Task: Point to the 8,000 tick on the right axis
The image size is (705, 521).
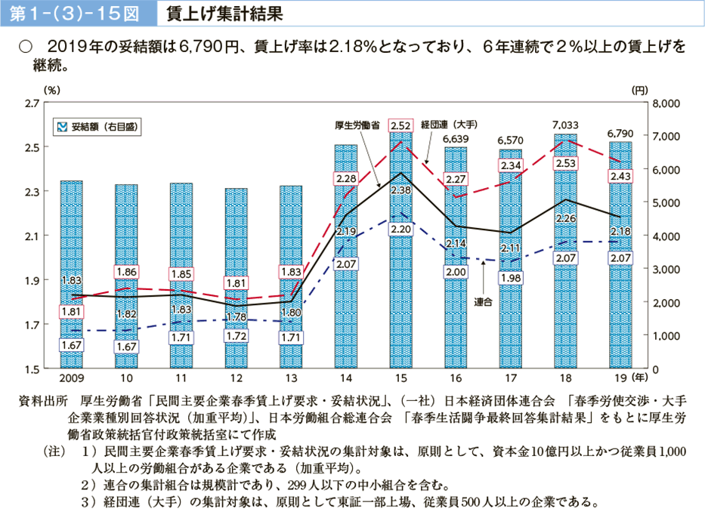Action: click(x=667, y=103)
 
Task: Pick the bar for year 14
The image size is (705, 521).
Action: click(x=346, y=257)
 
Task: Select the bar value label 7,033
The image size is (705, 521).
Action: click(x=565, y=125)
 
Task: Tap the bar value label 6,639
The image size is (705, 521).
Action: click(x=456, y=139)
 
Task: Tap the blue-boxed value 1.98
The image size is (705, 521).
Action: click(x=511, y=278)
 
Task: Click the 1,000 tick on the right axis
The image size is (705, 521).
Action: click(x=667, y=336)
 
